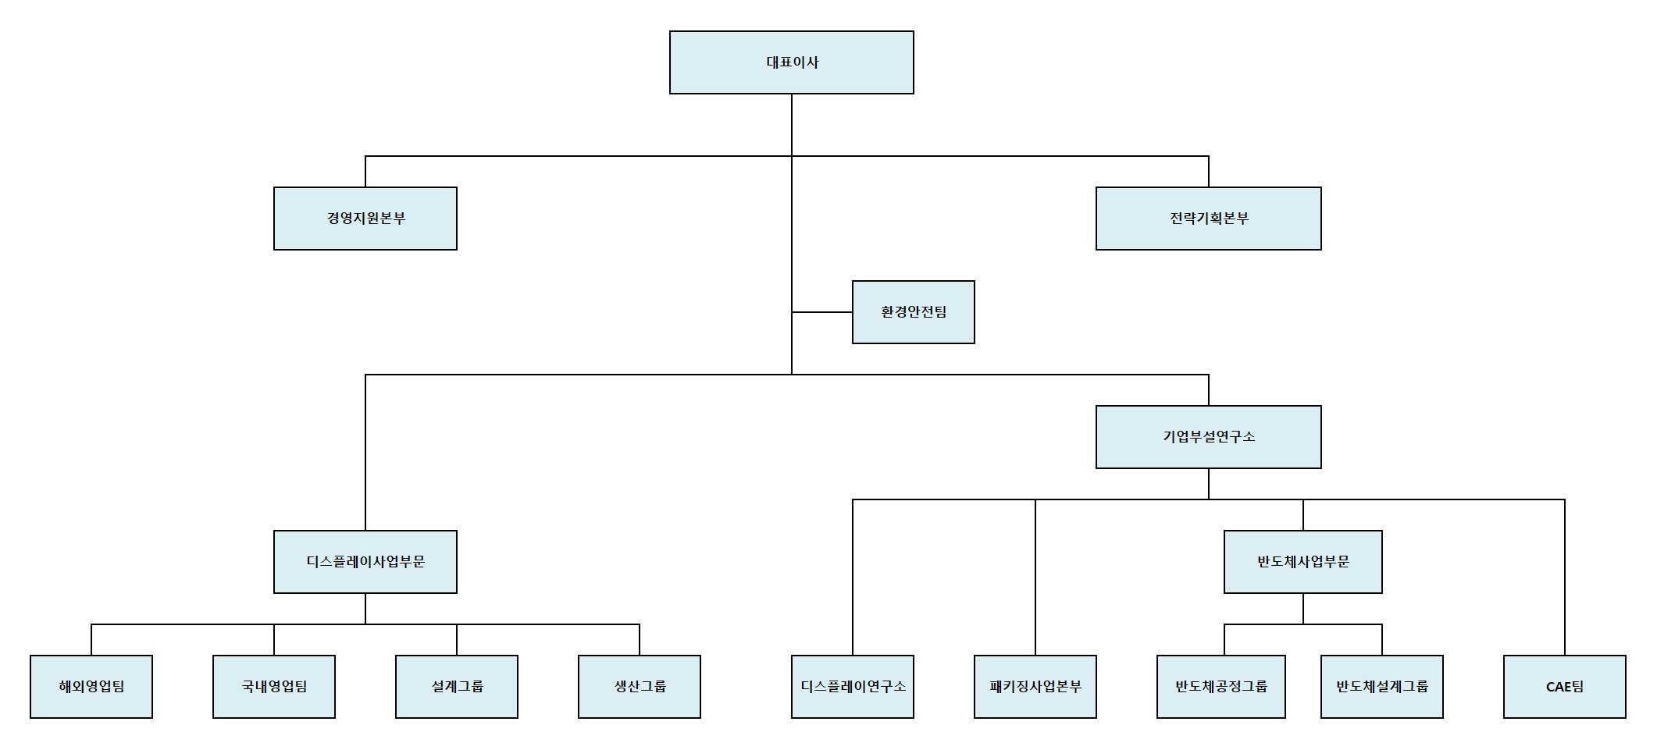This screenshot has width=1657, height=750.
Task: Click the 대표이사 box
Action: click(x=791, y=62)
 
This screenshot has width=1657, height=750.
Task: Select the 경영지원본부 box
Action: click(x=365, y=219)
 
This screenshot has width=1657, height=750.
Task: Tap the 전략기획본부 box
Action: click(x=1208, y=219)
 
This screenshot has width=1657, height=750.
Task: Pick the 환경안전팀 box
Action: click(x=913, y=312)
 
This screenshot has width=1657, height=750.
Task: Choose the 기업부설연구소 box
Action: click(x=1208, y=437)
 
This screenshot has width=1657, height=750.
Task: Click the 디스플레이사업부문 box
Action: click(x=365, y=562)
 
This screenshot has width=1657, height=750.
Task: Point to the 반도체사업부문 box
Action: click(x=1302, y=562)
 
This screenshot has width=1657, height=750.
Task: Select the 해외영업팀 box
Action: click(x=91, y=687)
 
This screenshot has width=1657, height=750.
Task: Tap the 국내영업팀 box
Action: click(x=274, y=687)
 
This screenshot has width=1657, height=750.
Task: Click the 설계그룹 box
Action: click(x=457, y=687)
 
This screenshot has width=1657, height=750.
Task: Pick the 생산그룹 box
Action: click(x=640, y=687)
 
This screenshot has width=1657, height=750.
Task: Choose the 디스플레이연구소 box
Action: click(x=853, y=687)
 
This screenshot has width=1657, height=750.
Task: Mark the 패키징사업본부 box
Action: click(x=1035, y=687)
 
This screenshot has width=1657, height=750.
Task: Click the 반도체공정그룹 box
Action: click(x=1221, y=687)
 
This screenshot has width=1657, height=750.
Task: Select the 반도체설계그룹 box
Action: click(x=1382, y=687)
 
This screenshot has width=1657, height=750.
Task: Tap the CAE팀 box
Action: click(x=1565, y=687)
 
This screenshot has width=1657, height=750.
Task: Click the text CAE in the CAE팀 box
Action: click(x=1558, y=688)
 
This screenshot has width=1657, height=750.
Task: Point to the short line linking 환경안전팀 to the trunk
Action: click(x=821, y=312)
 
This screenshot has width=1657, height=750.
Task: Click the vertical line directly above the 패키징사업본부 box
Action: click(x=1035, y=578)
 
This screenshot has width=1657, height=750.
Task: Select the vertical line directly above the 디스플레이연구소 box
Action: click(x=853, y=578)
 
